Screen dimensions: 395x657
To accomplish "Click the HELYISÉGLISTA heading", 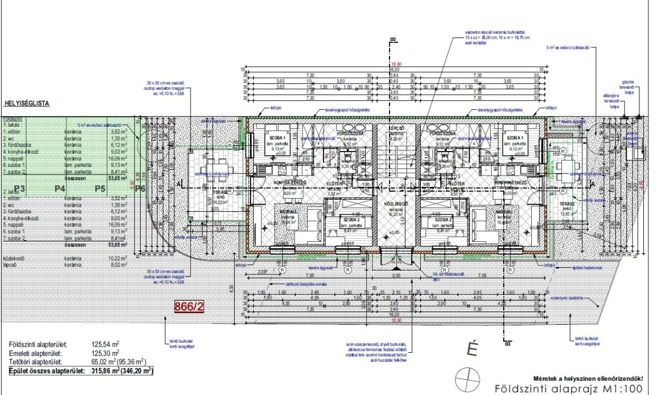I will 27,103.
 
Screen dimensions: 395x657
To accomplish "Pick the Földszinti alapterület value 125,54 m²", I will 105,345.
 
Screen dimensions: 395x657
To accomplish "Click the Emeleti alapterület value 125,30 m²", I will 105,354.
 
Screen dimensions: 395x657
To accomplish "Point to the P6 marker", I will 140,189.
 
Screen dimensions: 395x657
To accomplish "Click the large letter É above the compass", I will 470,348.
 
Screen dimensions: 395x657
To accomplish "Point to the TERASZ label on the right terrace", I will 566,202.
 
